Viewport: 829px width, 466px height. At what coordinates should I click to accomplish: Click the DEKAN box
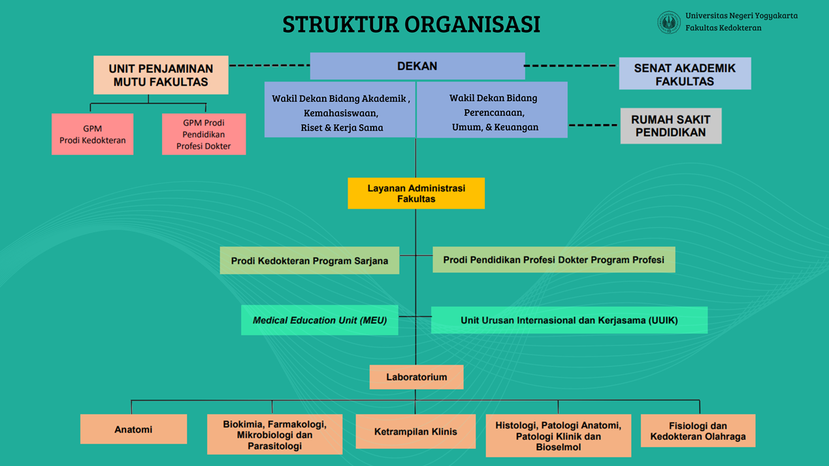pyautogui.click(x=417, y=66)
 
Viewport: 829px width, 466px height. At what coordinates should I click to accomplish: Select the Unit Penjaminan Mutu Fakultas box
pyautogui.click(x=161, y=75)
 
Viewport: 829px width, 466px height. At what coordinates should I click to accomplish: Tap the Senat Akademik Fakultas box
pyautogui.click(x=685, y=74)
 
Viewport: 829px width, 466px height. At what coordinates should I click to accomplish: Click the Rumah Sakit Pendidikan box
pyautogui.click(x=670, y=126)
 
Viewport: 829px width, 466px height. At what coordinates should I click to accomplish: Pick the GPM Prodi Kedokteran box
pyautogui.click(x=92, y=134)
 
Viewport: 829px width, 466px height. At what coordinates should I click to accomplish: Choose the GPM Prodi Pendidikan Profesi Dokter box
pyautogui.click(x=204, y=134)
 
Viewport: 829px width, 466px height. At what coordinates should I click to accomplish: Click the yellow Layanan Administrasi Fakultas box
pyautogui.click(x=416, y=193)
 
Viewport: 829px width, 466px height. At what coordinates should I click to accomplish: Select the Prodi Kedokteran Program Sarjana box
pyautogui.click(x=309, y=261)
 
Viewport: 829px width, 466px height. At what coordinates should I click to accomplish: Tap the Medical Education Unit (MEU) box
pyautogui.click(x=319, y=320)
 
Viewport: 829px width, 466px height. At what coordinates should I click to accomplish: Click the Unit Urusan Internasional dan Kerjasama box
pyautogui.click(x=569, y=320)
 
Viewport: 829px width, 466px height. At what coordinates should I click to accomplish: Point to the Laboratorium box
pyautogui.click(x=416, y=377)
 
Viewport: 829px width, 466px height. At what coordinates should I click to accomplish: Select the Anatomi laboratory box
pyautogui.click(x=133, y=429)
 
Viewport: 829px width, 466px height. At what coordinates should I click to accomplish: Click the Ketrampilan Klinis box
pyautogui.click(x=415, y=431)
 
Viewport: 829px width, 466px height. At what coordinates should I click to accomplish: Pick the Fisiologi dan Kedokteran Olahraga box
pyautogui.click(x=698, y=431)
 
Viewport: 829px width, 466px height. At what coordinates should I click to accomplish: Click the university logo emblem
pyautogui.click(x=668, y=22)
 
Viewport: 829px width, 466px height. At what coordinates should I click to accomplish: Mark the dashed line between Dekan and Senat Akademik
pyautogui.click(x=571, y=66)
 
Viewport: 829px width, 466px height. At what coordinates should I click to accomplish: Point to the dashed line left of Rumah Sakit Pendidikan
pyautogui.click(x=593, y=125)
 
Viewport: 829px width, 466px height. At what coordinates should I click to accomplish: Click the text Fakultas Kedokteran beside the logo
pyautogui.click(x=723, y=28)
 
